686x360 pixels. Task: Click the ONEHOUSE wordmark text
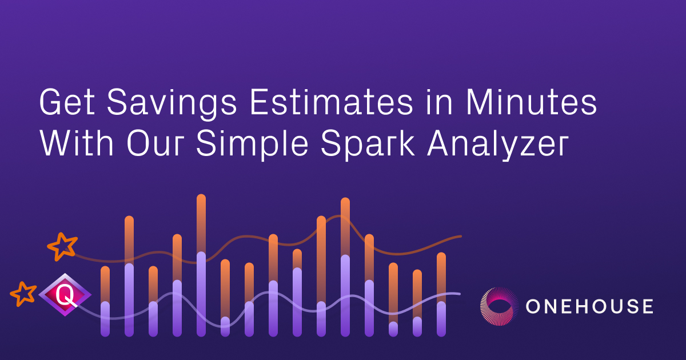[x=589, y=306]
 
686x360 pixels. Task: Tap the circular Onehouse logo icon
[x=498, y=306]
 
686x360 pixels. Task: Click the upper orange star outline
[x=62, y=246]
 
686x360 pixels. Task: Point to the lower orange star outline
[x=24, y=294]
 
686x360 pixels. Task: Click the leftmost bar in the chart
[x=105, y=301]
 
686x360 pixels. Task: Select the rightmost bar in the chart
[x=441, y=294]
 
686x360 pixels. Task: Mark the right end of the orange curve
[x=459, y=235]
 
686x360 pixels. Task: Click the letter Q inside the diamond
[x=65, y=295]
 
